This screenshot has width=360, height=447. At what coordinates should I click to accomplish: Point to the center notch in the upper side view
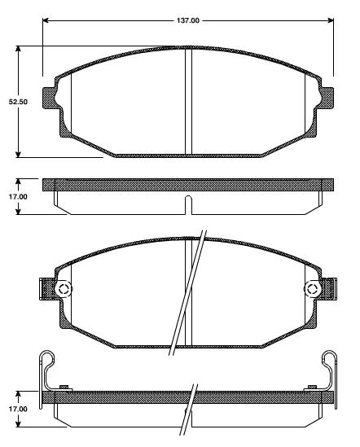click(188, 201)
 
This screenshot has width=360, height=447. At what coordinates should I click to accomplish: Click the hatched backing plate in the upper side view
click(122, 183)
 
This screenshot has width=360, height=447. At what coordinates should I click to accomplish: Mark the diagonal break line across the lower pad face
click(187, 293)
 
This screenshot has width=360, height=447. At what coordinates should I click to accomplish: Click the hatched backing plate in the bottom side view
click(122, 397)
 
